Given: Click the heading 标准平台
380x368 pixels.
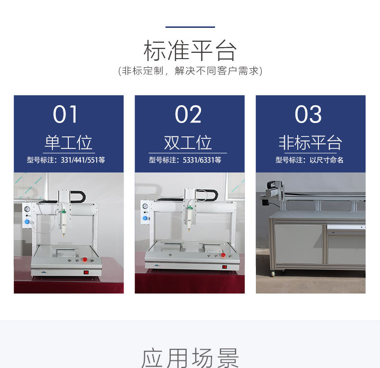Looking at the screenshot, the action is (x=190, y=50).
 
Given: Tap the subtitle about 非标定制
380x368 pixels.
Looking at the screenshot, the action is (x=190, y=71).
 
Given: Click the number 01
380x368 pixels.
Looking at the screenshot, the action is (x=65, y=114).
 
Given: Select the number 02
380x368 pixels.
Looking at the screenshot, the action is (x=188, y=114).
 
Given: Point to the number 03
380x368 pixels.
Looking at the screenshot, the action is (x=308, y=114).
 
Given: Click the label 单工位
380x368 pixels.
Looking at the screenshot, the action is (x=69, y=142).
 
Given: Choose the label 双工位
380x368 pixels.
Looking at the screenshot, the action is (x=188, y=142).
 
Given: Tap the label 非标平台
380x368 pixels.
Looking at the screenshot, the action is (x=310, y=142).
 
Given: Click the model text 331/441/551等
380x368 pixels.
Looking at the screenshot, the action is (x=83, y=160).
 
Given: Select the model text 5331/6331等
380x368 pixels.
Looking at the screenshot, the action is (x=202, y=160).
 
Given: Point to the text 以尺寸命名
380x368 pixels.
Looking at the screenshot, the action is (x=327, y=160).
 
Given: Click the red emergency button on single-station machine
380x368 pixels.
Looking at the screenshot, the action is (x=85, y=260).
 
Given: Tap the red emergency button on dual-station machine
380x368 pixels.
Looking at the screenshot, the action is (x=223, y=255).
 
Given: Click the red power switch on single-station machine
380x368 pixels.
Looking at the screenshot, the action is (x=86, y=272).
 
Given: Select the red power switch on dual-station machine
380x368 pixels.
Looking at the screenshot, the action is (x=225, y=267).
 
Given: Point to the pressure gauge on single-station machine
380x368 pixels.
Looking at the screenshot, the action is (x=27, y=209).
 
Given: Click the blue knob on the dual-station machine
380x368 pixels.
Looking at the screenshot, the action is (x=145, y=218).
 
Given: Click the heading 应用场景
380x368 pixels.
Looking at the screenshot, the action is (x=190, y=358).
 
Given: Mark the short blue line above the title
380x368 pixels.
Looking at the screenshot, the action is (x=190, y=27).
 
